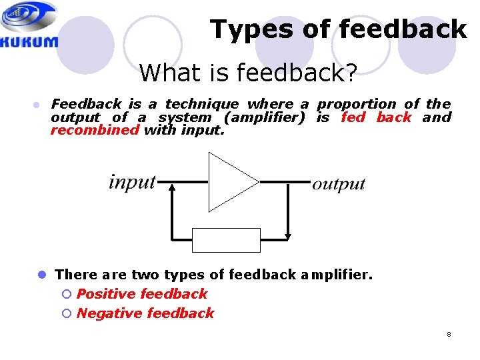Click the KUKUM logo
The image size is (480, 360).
coord(30,25)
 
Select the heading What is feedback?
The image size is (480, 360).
coord(247,72)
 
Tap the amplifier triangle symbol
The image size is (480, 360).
coord(230,181)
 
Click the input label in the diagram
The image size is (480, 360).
coord(132,181)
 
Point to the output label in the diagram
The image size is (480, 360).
coord(339,184)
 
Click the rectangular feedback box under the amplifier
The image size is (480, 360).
coord(226,240)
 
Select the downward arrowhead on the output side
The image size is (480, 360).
coord(287,234)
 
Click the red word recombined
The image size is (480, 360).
coord(95,130)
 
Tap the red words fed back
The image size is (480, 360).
coord(376,117)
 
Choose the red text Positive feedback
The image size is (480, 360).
coord(142,294)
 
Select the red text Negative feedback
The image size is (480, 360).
coord(145,313)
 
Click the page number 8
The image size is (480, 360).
coord(449,334)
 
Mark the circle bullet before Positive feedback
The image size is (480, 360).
coord(65,294)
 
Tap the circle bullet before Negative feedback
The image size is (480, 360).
coord(65,313)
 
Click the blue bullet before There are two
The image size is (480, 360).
coord(41,275)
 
